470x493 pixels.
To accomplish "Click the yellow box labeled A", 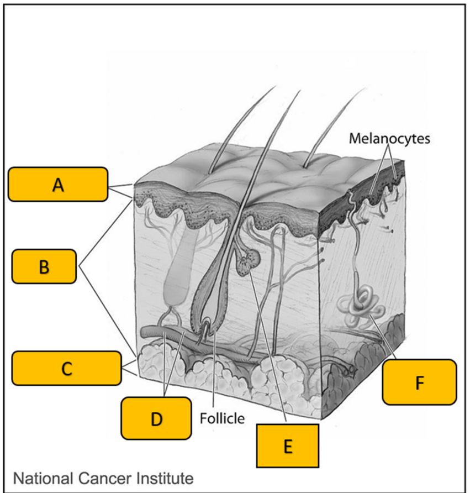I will coord(57,184).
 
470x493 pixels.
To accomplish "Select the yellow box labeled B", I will coord(44,266).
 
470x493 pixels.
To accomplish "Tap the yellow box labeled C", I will coord(66,368).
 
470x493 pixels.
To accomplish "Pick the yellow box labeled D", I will coord(156,418).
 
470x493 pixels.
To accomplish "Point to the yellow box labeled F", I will coord(419,382).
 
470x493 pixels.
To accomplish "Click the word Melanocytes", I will coord(389,138).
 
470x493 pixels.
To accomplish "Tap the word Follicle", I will coord(222,417).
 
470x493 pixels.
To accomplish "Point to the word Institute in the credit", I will coord(164,477).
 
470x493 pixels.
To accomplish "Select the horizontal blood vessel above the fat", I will coord(166,334).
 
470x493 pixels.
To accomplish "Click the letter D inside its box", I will coord(156,418).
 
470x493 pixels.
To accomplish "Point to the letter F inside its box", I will coord(419,382).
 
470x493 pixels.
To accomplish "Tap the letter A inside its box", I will coord(57,185).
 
